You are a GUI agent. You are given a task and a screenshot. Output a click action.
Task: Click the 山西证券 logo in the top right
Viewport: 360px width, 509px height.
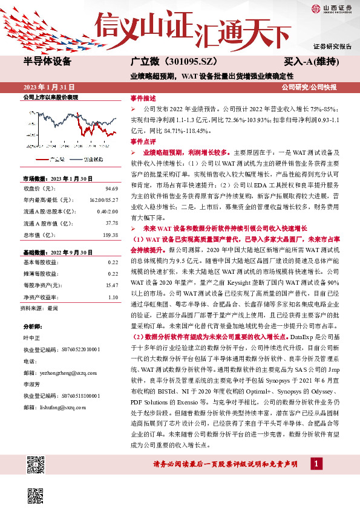(x=333, y=8)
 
